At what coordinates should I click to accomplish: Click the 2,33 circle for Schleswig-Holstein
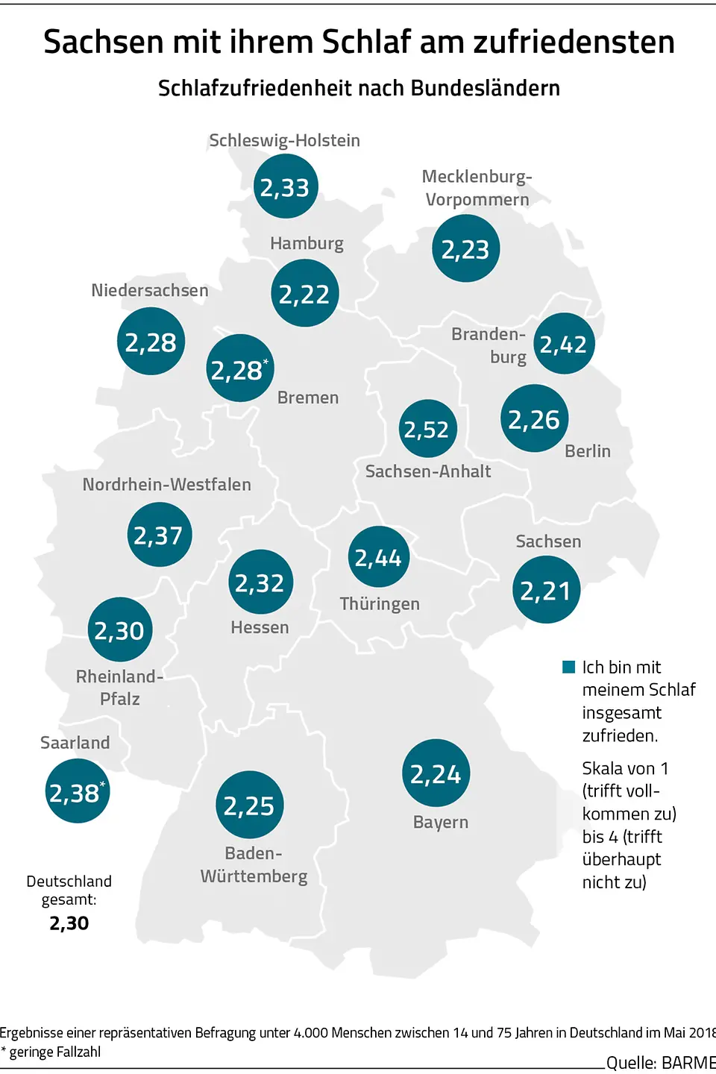[286, 186]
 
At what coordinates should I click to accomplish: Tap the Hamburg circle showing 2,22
[305, 293]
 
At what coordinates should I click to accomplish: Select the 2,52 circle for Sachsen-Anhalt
[427, 429]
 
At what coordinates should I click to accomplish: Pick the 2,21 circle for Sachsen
[546, 590]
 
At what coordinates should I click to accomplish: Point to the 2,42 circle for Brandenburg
[564, 344]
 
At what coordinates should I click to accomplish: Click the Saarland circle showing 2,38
[77, 791]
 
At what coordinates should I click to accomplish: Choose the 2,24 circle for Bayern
[436, 773]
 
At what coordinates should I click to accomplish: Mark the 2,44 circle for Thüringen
[379, 557]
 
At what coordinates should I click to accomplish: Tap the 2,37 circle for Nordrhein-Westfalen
[159, 535]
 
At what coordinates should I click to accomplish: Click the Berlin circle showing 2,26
[534, 418]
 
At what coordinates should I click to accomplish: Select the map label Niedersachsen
[150, 290]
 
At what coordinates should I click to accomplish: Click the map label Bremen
[308, 398]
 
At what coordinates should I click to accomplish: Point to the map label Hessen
[260, 627]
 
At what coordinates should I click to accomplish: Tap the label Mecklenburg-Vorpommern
[477, 188]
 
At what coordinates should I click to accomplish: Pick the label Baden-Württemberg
[254, 864]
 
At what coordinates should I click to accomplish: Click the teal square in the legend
[569, 667]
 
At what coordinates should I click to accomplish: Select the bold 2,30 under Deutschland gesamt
[69, 923]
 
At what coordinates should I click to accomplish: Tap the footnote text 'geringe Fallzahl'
[55, 1052]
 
